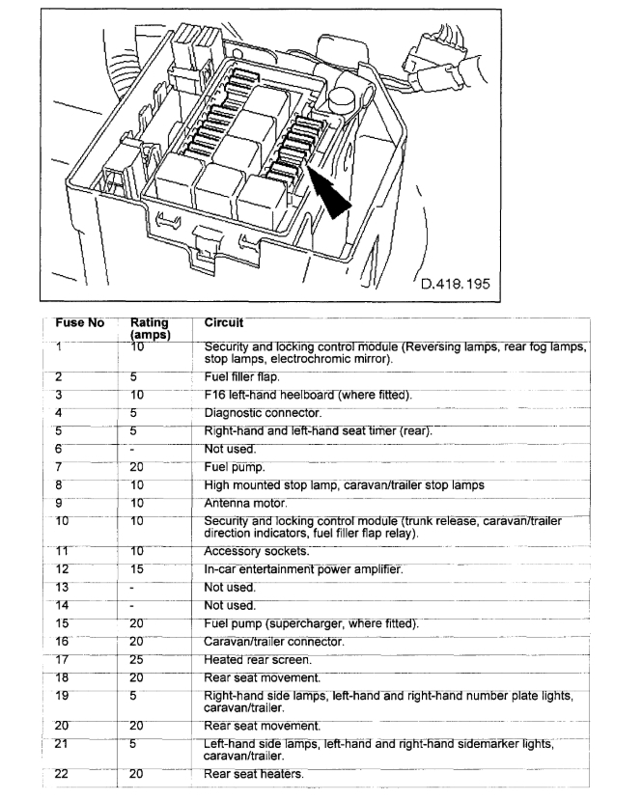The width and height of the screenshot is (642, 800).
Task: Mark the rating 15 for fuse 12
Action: point(139,569)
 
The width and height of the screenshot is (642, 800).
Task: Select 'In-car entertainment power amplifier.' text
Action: point(304,569)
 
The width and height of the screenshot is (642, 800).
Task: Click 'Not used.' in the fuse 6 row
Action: point(229,449)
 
